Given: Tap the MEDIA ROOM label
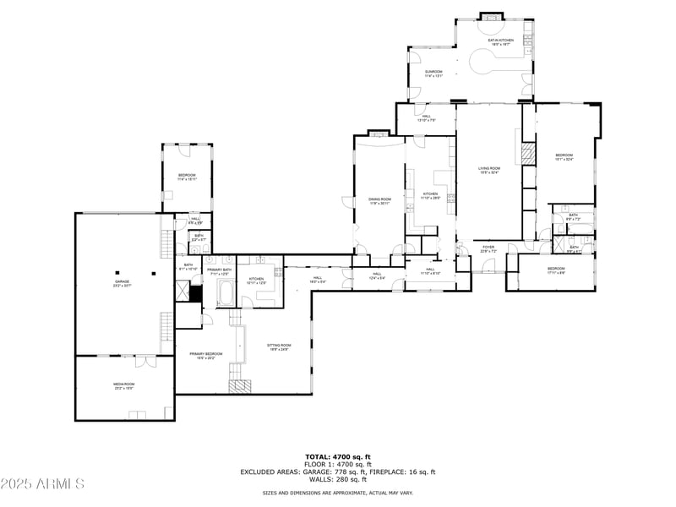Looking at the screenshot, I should coord(124,385).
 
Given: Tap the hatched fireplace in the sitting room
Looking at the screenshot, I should coord(241,385).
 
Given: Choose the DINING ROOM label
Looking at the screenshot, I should coord(379,200).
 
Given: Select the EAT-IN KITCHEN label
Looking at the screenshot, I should coord(500,41).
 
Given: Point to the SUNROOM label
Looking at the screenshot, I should coord(433,73).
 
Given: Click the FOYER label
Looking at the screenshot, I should coord(488,249).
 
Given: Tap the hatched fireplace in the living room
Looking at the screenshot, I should coord(528,153).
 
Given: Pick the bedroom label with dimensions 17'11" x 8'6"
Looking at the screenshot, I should coord(555,270).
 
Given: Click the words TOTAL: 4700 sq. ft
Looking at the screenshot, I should coord(338,456).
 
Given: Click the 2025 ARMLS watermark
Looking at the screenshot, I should coord(42,484).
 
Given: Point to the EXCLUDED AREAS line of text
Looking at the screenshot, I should coord(338,472).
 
